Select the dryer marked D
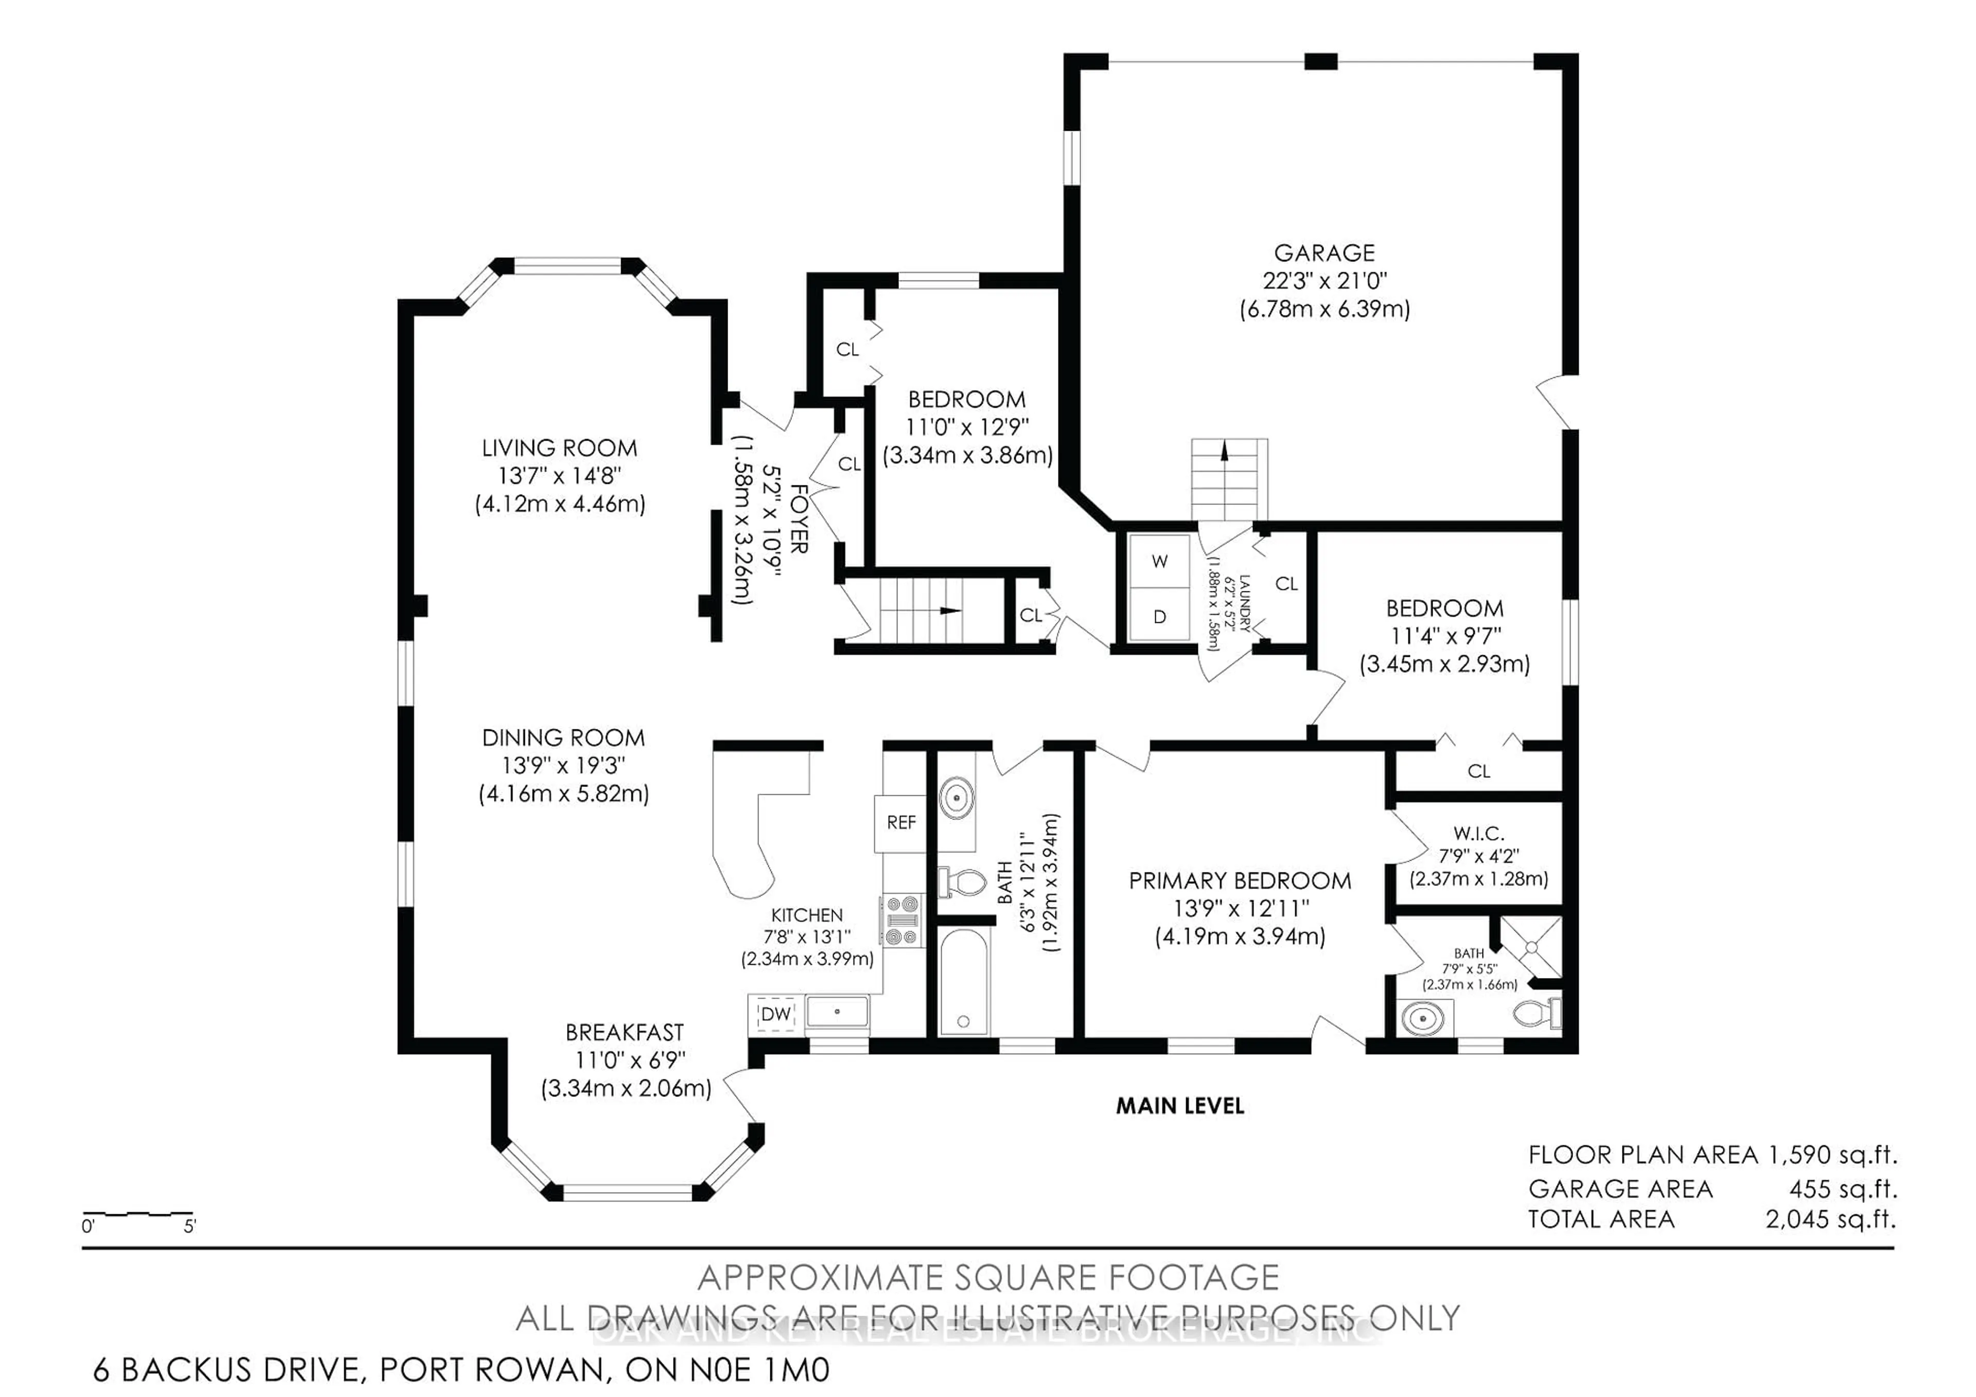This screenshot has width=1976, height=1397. tap(1159, 616)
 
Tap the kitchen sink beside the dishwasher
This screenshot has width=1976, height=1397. tap(837, 1012)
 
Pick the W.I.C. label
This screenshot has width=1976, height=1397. tap(1478, 833)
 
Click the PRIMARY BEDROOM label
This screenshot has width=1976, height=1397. tap(1239, 881)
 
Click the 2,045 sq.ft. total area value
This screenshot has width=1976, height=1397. tap(1830, 1219)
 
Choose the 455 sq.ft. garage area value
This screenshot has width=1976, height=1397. tap(1843, 1189)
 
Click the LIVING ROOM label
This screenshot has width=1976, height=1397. tap(559, 448)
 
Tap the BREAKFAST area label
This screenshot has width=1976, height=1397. tap(625, 1032)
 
